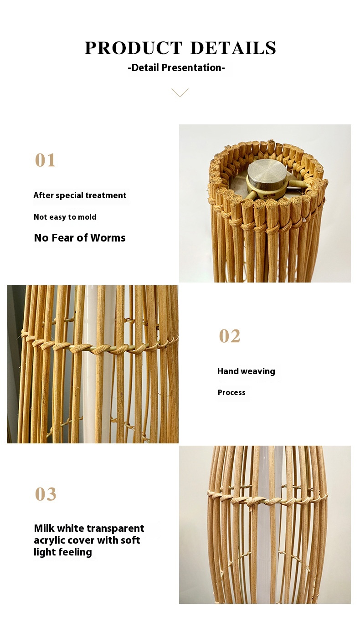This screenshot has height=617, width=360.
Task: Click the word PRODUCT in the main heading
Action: [134, 48]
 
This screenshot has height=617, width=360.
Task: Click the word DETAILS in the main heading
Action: [233, 48]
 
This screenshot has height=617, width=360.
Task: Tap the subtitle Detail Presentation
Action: [176, 67]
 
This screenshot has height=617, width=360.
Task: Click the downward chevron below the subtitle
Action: [180, 93]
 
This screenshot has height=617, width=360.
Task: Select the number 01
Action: [45, 160]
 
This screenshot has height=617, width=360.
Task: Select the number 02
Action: [229, 336]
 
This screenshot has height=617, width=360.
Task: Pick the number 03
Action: [46, 494]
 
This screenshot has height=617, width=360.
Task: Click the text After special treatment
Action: [80, 195]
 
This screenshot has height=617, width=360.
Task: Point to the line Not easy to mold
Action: [65, 217]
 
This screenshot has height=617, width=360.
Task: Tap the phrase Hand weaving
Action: [246, 371]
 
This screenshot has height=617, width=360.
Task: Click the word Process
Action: [231, 392]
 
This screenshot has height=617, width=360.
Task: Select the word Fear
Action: [62, 238]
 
